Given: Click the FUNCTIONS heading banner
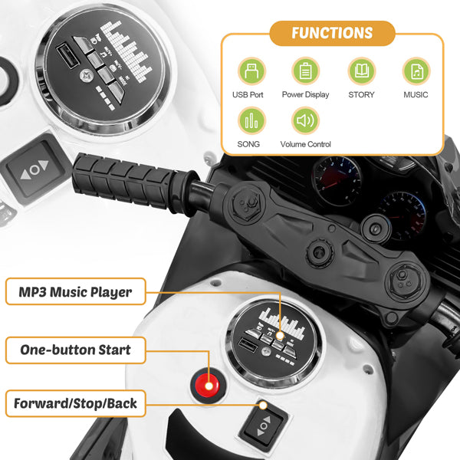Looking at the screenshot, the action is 332,33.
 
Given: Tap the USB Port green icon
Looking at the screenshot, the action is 251,71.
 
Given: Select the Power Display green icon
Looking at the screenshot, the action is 305,71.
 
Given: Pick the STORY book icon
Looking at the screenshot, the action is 362,71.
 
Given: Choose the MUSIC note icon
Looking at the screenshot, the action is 416,71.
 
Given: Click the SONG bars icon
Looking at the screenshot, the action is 251,120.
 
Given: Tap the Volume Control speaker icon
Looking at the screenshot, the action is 305,120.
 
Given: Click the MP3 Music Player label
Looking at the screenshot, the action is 76,291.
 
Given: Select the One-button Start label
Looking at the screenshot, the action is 76,350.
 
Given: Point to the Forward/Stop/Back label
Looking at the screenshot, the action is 76,403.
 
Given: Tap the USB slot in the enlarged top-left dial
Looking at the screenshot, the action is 67,56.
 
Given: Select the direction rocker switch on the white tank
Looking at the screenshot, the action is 264,426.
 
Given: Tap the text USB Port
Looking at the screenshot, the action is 248,95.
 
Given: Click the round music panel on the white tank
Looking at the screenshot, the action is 274,341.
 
